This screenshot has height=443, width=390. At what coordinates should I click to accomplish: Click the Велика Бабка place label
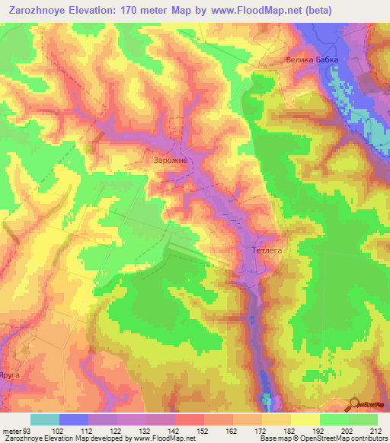click(311, 59)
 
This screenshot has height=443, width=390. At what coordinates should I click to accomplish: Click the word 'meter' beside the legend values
click(14, 431)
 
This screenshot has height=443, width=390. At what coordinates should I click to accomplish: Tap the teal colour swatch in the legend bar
click(45, 419)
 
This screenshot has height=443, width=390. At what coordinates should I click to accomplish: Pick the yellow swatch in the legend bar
click(305, 419)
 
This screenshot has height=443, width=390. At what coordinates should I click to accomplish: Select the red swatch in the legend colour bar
click(190, 419)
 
